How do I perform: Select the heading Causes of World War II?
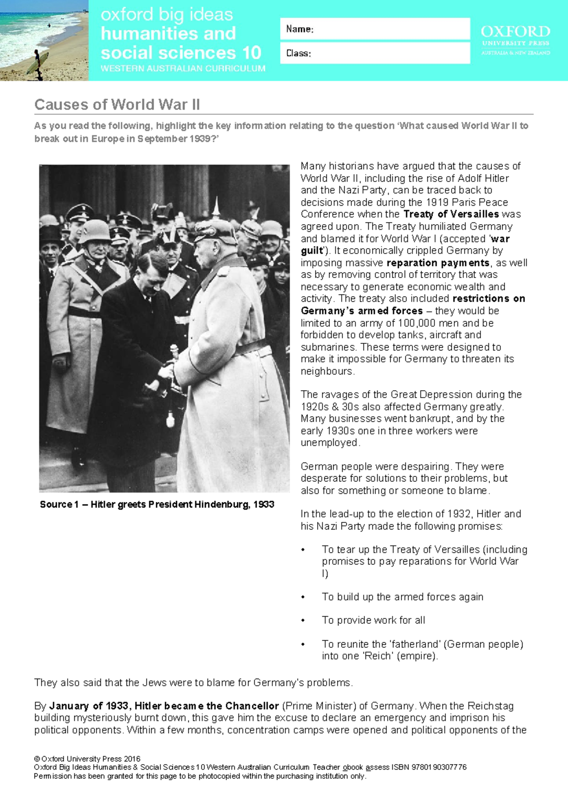pos(117,105)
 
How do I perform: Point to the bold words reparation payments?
pos(438,263)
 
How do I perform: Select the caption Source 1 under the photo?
pos(157,505)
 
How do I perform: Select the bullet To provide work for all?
pos(373,620)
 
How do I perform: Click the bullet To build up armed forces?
pos(402,597)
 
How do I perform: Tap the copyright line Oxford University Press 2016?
pos(87,759)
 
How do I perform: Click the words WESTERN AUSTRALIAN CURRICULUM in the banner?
pos(183,68)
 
